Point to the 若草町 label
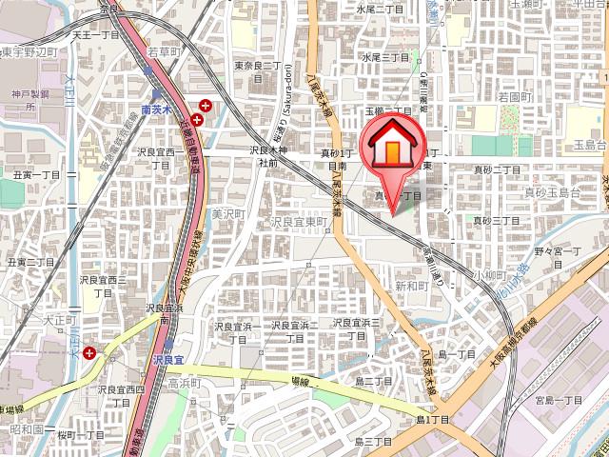coord(165,53)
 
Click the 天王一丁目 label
coord(96,34)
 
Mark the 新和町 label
coord(412,286)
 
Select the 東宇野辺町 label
coord(29,52)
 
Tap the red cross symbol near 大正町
coord(89,352)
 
